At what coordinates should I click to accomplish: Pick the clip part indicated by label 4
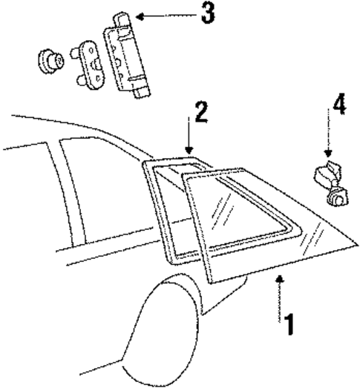[x=327, y=185]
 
